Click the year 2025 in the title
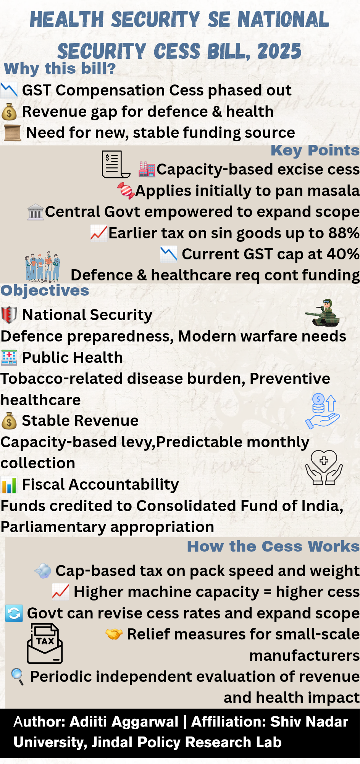(279, 52)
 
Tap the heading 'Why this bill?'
(60, 69)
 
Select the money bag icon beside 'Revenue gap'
(9, 112)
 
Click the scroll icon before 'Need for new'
(12, 133)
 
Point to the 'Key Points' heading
(315, 151)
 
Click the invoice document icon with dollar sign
(116, 164)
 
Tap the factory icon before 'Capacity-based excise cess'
(147, 169)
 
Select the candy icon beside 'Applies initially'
(126, 191)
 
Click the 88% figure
(344, 233)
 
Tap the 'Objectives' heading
(45, 291)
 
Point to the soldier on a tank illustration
(323, 313)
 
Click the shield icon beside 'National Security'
(9, 315)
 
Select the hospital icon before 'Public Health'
(9, 358)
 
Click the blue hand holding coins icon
(323, 411)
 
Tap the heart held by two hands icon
(324, 467)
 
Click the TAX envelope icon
(45, 643)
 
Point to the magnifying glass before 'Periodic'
(17, 677)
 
